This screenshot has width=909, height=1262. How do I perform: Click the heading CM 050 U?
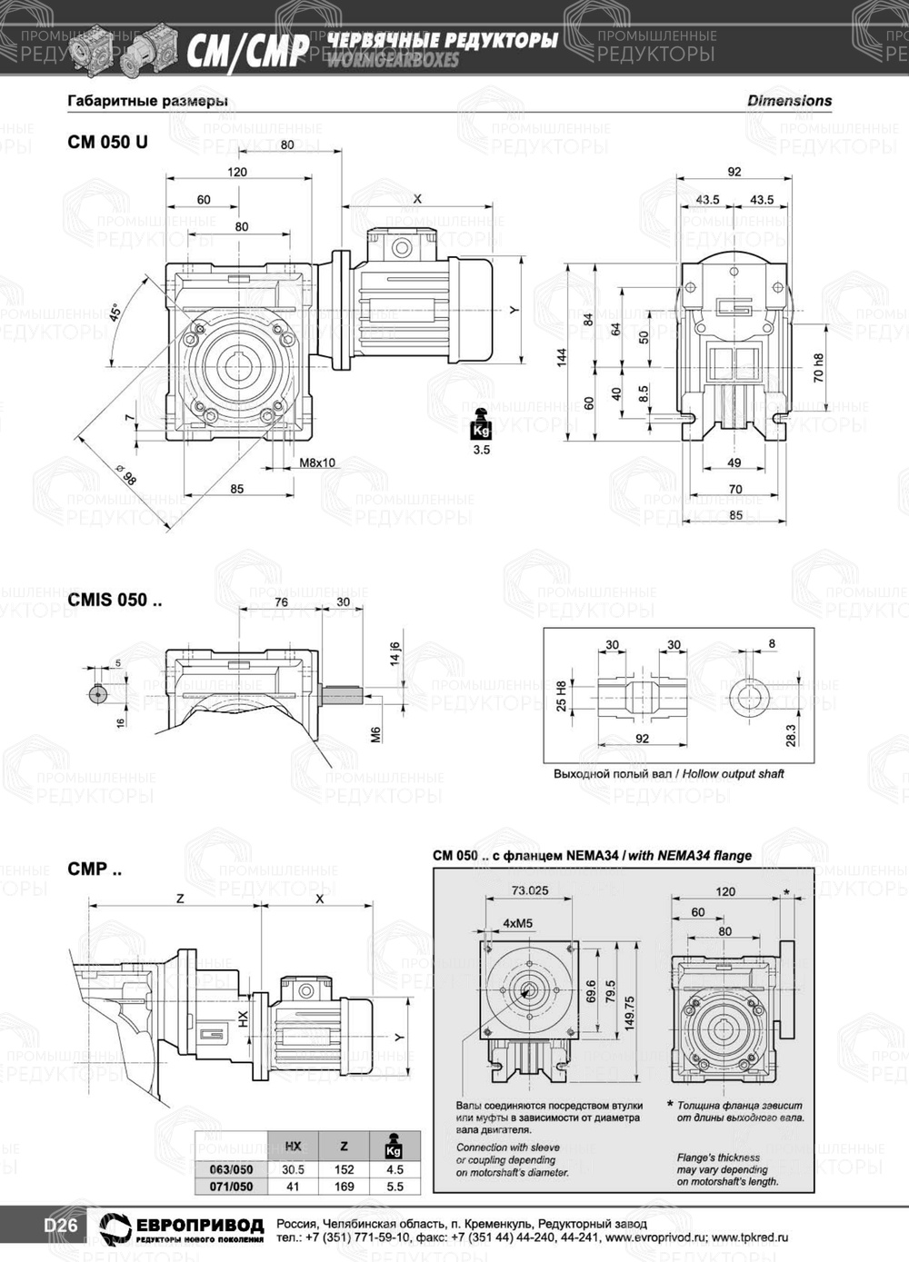107,143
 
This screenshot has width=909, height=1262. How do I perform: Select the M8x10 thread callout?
317,462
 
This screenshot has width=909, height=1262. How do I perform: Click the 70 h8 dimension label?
819,368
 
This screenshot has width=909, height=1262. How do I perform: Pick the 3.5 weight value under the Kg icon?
481,449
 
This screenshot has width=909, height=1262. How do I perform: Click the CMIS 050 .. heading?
115,600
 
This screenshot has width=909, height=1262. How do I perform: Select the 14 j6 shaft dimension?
395,653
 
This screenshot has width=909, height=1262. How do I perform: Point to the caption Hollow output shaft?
733,774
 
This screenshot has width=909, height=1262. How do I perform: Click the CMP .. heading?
95,869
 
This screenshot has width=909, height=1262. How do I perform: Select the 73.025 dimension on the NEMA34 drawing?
529,890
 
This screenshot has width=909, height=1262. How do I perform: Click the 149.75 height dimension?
629,1011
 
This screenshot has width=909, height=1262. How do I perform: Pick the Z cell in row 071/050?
344,1187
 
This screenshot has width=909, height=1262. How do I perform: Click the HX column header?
294,1147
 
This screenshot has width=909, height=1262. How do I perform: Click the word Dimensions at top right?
789,101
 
